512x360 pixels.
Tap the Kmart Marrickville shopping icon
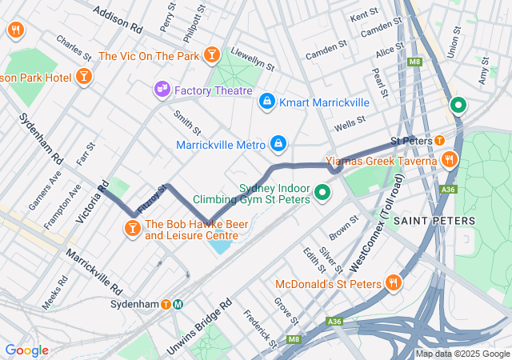266,102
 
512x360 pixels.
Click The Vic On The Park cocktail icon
212,55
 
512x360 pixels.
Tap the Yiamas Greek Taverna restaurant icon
450,160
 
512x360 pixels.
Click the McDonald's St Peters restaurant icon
393,283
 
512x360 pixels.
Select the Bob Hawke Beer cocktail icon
131,230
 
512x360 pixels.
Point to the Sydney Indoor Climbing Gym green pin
322,193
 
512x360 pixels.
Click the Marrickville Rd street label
94,271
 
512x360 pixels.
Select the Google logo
26,350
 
